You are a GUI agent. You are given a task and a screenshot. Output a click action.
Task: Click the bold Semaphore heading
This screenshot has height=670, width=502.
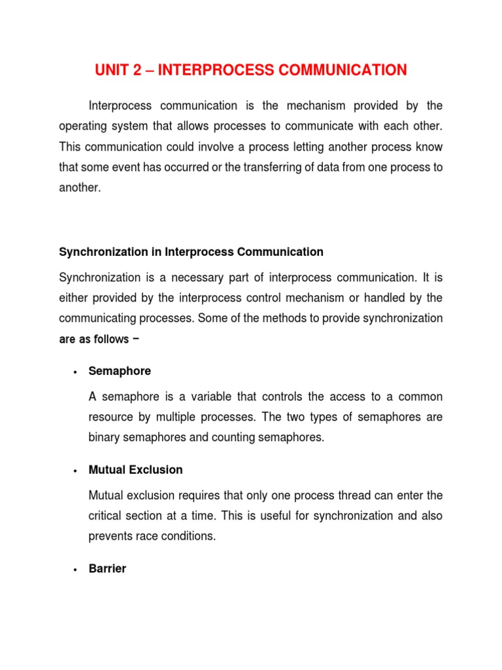click(x=120, y=371)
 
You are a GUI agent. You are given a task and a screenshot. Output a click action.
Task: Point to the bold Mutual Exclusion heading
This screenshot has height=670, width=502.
click(x=135, y=470)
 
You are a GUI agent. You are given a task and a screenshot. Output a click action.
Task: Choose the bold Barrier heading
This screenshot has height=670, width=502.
click(x=107, y=569)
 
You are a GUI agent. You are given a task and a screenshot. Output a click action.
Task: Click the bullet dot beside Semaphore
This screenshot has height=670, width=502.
click(x=76, y=372)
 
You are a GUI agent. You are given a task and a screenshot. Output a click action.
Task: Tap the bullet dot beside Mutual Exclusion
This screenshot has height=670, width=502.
click(x=76, y=470)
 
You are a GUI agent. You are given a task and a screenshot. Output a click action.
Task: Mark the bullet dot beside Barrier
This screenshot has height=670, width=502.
click(x=76, y=569)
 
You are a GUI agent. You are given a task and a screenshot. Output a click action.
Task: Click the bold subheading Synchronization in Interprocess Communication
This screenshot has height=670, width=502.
click(x=191, y=252)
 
